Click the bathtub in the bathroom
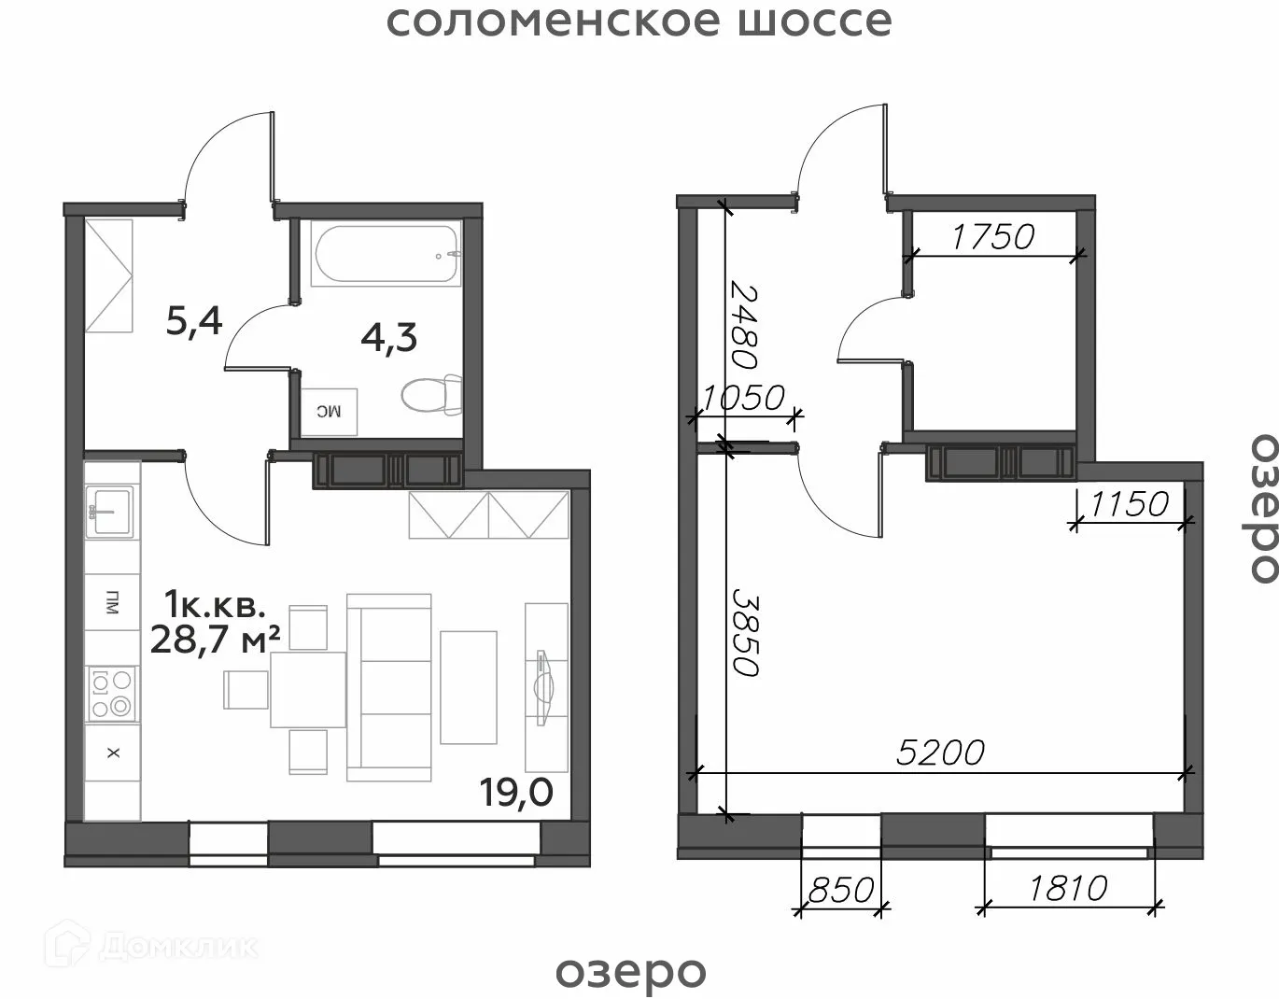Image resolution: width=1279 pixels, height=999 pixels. pos(387,255)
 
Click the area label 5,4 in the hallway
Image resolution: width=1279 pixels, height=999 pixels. pos(194,322)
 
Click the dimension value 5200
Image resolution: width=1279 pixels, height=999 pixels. pos(940,752)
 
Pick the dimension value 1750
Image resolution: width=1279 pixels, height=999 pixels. pos(992,237)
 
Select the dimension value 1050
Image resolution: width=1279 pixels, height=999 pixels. pos(742,399)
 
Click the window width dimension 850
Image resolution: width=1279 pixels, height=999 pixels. pos(840,889)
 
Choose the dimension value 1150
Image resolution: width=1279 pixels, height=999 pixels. pos(1129,504)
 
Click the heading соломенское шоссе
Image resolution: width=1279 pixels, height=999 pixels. pos(639,21)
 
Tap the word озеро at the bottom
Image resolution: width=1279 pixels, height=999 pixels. pos(631,971)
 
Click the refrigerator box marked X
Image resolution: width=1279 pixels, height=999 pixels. pos(113,753)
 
